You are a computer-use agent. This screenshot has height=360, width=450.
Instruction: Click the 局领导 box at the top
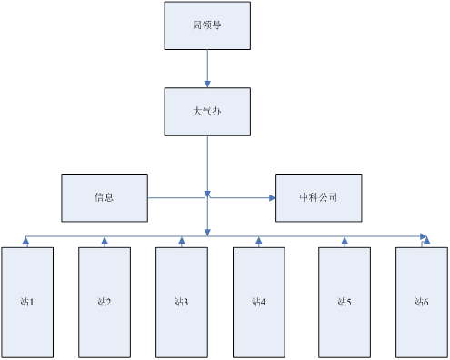(x=207, y=25)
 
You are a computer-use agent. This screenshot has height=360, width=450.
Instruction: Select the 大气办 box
(x=207, y=112)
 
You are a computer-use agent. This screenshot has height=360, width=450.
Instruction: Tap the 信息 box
(x=104, y=197)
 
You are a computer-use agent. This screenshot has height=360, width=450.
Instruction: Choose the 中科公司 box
(x=318, y=197)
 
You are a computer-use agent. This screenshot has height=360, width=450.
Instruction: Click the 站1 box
(x=27, y=299)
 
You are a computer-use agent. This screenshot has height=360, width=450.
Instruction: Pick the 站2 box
(x=105, y=299)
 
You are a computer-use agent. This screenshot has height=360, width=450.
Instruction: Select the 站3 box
(x=181, y=299)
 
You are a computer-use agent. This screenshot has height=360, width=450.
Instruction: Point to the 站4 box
(x=258, y=299)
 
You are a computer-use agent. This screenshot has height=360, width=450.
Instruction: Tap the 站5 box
(x=344, y=299)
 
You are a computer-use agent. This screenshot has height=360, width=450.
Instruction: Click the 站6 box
(x=421, y=299)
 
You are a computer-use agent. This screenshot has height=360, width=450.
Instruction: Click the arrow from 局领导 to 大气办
(x=208, y=68)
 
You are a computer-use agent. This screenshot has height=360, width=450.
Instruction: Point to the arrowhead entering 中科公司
(x=272, y=197)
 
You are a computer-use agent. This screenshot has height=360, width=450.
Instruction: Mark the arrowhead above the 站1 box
(x=27, y=242)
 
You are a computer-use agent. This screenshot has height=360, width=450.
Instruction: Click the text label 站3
(x=181, y=301)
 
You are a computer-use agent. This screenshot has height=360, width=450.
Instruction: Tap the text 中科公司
(x=318, y=197)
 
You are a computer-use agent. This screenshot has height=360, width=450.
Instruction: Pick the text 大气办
(x=207, y=112)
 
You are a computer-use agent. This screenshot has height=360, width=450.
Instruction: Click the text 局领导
(x=207, y=25)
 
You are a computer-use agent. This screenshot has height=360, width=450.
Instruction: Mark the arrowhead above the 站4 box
(x=259, y=242)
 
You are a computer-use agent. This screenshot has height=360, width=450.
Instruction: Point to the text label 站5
(x=344, y=301)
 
